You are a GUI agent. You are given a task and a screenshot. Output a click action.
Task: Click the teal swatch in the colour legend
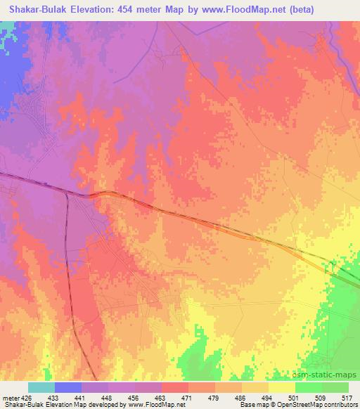pos(41,387)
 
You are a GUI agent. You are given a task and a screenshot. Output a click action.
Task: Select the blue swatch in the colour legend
pos(68,387)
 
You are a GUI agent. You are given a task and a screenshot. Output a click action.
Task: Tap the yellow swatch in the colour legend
pos(282,387)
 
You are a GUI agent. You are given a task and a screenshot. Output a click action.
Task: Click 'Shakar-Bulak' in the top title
pos(38,10)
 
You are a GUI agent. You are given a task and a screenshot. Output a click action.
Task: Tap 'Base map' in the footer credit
pos(249,405)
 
